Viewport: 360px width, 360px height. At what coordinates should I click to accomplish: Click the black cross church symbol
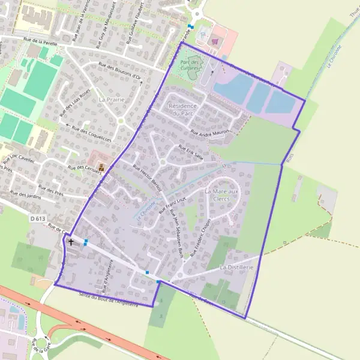[x=71, y=242]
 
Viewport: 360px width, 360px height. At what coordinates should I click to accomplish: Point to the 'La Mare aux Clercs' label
[x=221, y=195]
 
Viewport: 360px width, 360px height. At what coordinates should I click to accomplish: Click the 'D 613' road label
[x=37, y=219]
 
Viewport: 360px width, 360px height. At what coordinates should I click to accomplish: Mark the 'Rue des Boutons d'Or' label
[x=119, y=72]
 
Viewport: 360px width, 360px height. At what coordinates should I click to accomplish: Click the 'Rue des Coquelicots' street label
[x=92, y=135]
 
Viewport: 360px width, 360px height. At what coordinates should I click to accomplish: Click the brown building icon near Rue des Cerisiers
[x=101, y=166]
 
